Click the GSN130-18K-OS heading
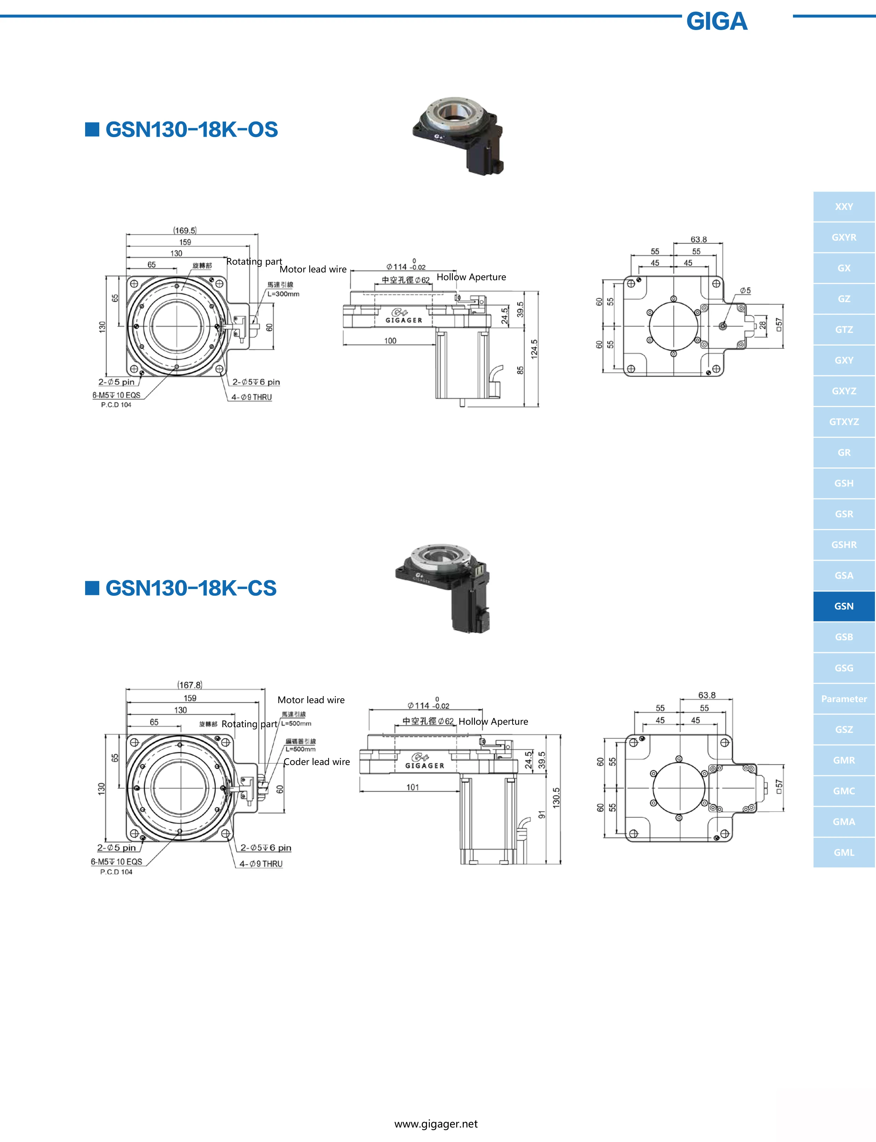click(x=191, y=129)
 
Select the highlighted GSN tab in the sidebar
click(x=844, y=606)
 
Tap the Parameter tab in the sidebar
click(x=844, y=699)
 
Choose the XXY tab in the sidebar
click(x=844, y=206)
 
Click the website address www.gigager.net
click(x=436, y=1124)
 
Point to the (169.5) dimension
click(x=185, y=230)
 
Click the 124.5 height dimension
click(x=534, y=349)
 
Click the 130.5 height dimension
click(x=556, y=798)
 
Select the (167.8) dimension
click(x=190, y=685)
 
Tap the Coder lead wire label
click(x=316, y=762)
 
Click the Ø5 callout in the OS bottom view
click(x=745, y=290)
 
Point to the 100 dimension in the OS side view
click(x=390, y=341)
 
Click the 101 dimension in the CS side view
click(x=413, y=787)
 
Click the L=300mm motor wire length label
click(x=283, y=294)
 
